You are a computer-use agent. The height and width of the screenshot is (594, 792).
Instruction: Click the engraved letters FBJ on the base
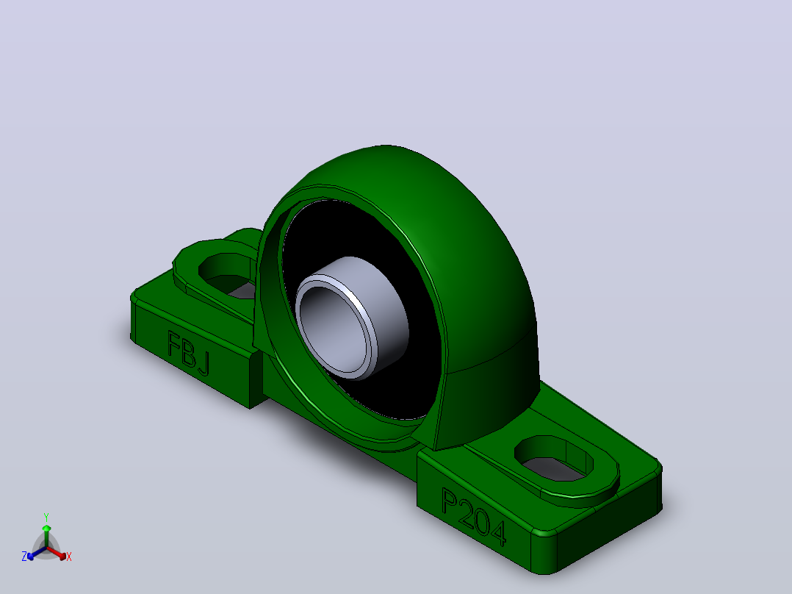(x=188, y=354)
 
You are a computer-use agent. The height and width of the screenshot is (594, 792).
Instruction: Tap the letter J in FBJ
(x=203, y=363)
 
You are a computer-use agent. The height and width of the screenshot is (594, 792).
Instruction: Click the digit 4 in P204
(x=497, y=532)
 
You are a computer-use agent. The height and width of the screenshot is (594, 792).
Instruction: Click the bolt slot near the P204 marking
(x=554, y=458)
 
